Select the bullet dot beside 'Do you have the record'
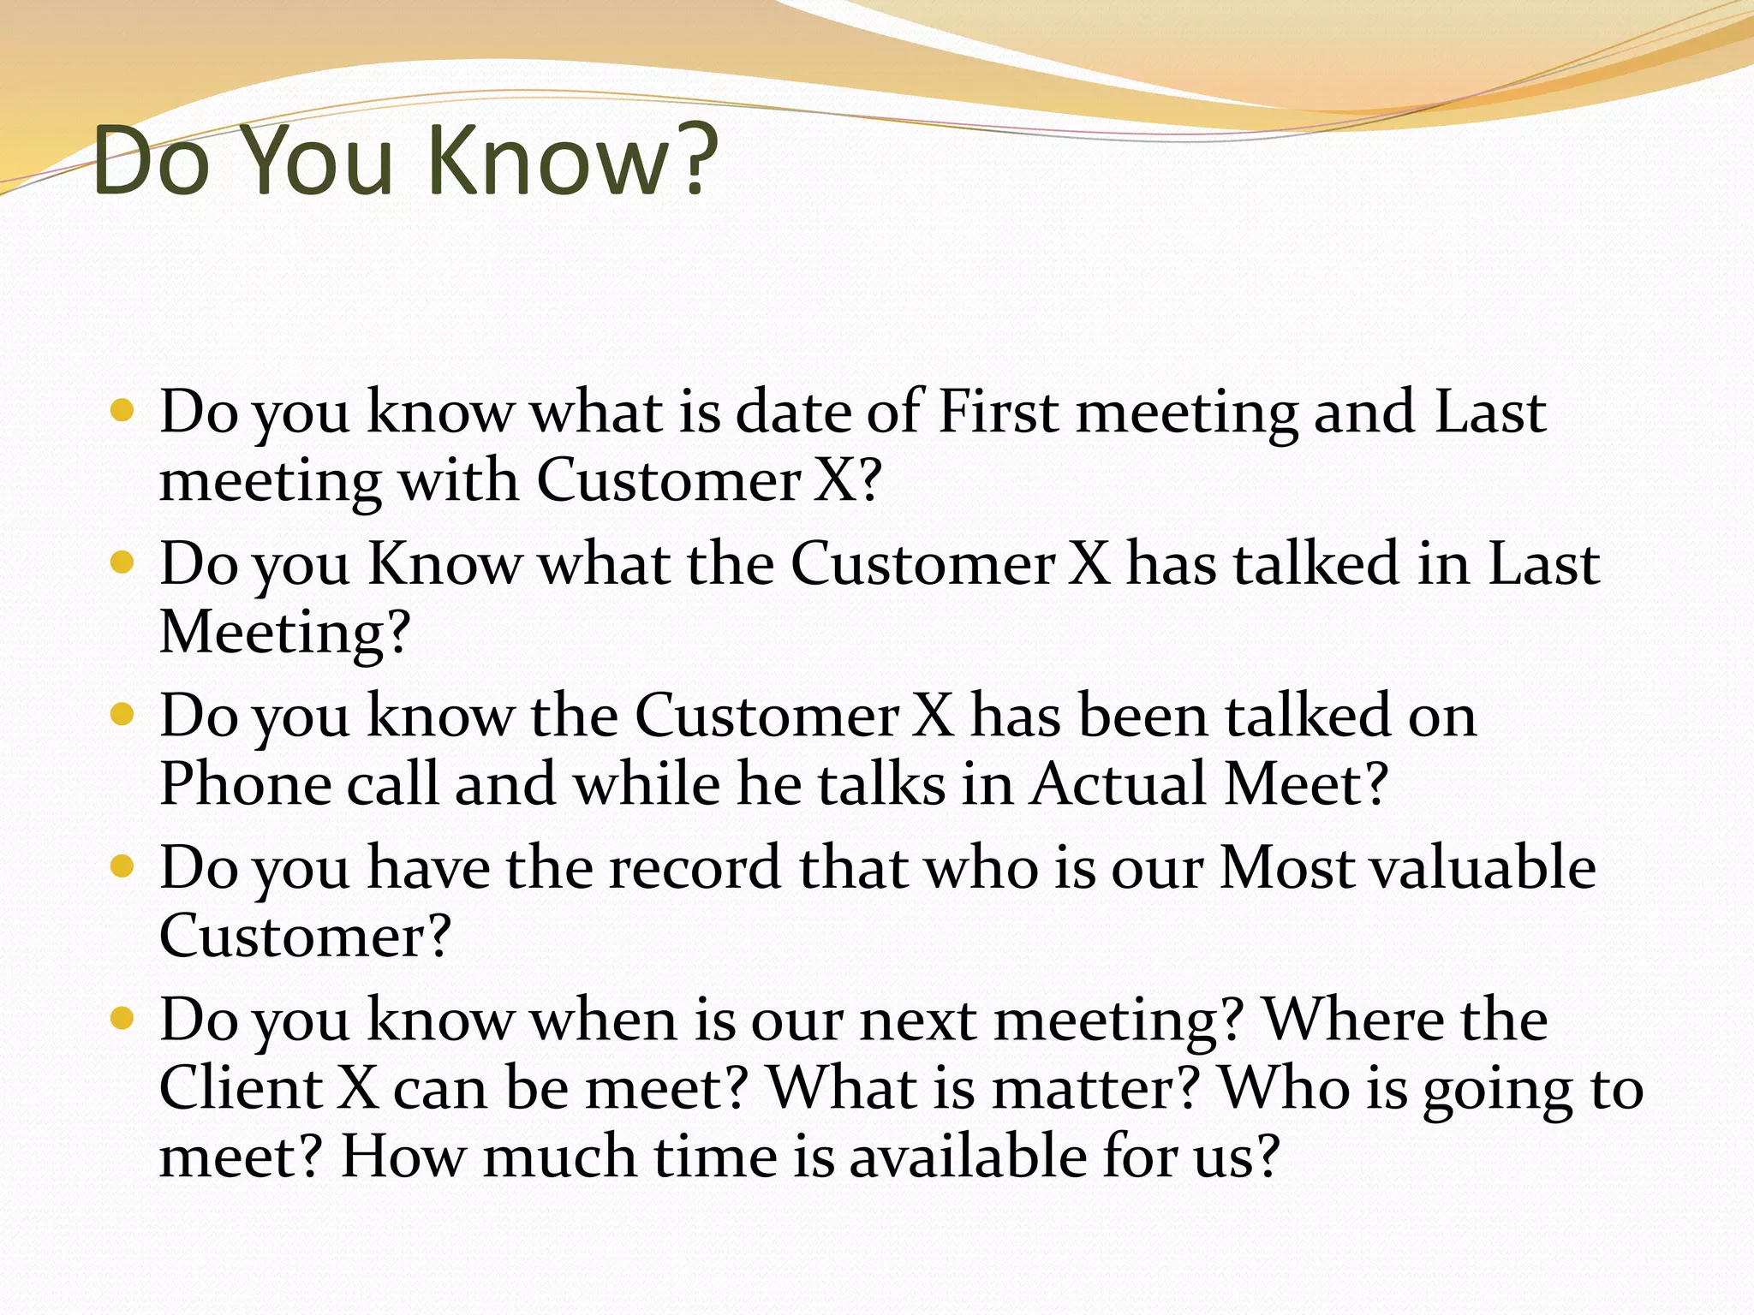pyautogui.click(x=123, y=866)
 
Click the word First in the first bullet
pyautogui.click(x=998, y=413)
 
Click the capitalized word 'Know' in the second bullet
pyautogui.click(x=444, y=564)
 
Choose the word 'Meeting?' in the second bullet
pyautogui.click(x=285, y=633)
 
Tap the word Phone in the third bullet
pyautogui.click(x=245, y=784)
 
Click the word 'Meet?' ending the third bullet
pyautogui.click(x=1305, y=784)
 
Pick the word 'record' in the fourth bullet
pyautogui.click(x=695, y=868)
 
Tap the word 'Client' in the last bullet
pyautogui.click(x=240, y=1088)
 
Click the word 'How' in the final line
pyautogui.click(x=403, y=1157)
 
